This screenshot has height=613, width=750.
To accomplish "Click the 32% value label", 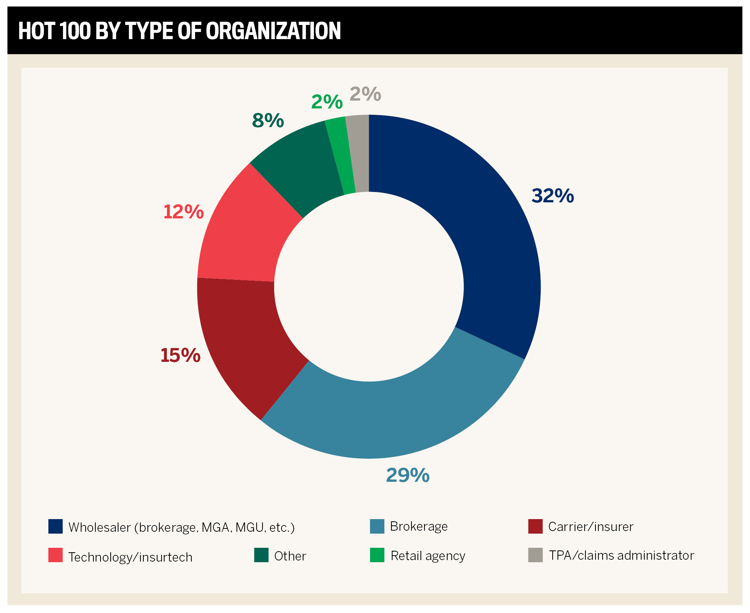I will pos(553,196).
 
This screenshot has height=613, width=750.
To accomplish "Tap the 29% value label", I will pos(407,475).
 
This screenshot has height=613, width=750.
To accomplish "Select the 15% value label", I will pos(180,355).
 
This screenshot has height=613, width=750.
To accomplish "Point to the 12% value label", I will pos(183,212).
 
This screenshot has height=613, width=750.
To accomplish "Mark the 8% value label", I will pos(268,121).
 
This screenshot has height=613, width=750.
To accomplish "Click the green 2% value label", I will pos(327,102).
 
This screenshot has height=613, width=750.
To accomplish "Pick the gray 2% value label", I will pos(365,94).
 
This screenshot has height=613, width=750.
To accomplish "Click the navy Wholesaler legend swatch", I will pos(55,526).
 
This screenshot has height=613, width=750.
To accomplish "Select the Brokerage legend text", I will pos(419,526).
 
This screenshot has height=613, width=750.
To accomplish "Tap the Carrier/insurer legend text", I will pos(591,527).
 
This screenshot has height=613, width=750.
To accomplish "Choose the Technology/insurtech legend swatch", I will pos(55,555).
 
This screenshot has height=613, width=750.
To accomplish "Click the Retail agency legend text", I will pos(428,556).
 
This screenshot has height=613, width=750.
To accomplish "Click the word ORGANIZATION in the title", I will pos(273,31).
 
